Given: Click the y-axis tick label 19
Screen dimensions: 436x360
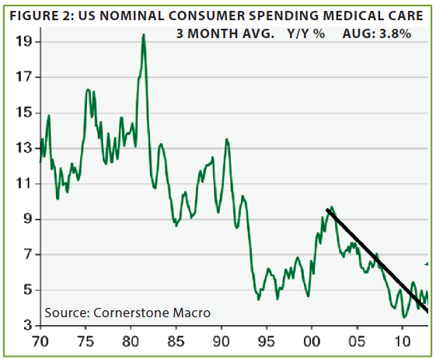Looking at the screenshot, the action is click(x=23, y=42).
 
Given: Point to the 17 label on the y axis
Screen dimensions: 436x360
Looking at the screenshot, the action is click(x=23, y=77).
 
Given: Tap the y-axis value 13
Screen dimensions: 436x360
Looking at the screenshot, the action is click(x=23, y=149).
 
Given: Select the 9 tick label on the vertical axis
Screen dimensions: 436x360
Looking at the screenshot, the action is click(x=28, y=219).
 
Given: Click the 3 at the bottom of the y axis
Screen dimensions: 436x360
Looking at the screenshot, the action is click(x=28, y=326).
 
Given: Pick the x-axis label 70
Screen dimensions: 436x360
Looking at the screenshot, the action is click(x=40, y=341).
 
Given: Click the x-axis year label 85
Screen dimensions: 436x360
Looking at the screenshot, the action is click(x=176, y=341).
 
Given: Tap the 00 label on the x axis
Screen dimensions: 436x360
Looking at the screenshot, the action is click(x=312, y=341).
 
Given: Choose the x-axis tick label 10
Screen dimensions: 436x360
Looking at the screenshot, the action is click(x=402, y=341).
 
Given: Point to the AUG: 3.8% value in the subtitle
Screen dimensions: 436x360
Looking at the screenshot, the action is click(x=377, y=34).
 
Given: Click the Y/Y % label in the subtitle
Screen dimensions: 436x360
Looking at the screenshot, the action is click(x=306, y=34).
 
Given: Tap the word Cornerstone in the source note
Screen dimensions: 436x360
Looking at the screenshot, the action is click(x=131, y=313).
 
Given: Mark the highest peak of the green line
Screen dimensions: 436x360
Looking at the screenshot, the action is click(x=144, y=34).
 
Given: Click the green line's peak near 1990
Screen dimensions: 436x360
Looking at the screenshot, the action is click(x=227, y=139).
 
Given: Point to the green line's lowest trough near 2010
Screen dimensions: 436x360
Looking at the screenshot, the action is click(x=404, y=317).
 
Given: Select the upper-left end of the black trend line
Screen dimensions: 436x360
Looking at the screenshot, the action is click(x=327, y=210).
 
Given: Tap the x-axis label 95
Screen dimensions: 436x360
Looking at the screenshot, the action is click(x=267, y=341).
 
